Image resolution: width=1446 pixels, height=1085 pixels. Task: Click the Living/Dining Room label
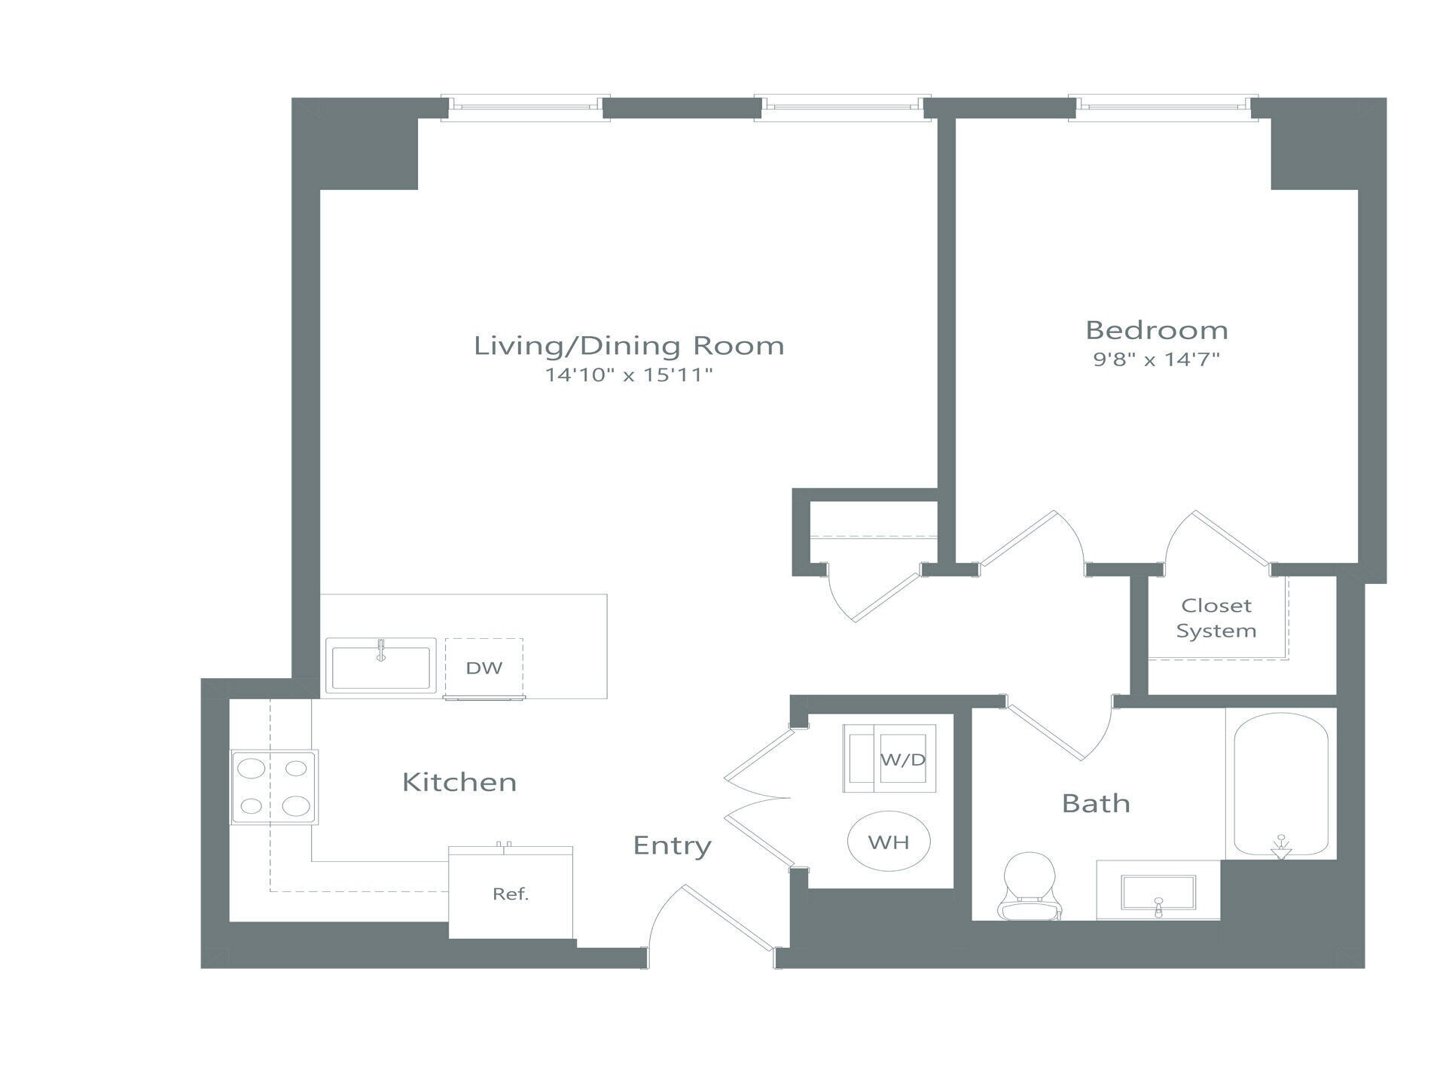pyautogui.click(x=629, y=346)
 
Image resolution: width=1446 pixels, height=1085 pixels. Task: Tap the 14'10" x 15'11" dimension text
pyautogui.click(x=629, y=374)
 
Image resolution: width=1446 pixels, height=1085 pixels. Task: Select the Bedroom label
pyautogui.click(x=1156, y=330)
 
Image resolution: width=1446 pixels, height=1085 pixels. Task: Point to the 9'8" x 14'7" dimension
pyautogui.click(x=1156, y=359)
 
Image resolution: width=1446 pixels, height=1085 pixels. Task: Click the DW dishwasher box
pyautogui.click(x=484, y=668)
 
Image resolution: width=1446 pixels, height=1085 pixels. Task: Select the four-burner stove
pyautogui.click(x=274, y=787)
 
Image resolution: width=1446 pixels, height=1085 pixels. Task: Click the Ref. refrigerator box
pyautogui.click(x=511, y=894)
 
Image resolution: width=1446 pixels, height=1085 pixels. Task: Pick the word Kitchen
pyautogui.click(x=459, y=782)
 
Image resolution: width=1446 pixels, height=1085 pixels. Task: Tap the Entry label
pyautogui.click(x=672, y=845)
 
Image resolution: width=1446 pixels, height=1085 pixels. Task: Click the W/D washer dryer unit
pyautogui.click(x=889, y=759)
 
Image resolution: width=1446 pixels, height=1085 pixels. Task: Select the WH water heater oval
pyautogui.click(x=889, y=842)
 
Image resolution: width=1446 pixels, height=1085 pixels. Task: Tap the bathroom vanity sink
pyautogui.click(x=1158, y=893)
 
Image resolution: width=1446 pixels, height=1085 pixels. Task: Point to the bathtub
pyautogui.click(x=1280, y=784)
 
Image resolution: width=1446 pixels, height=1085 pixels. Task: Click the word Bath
pyautogui.click(x=1096, y=803)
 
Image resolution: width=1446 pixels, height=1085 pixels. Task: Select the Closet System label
pyautogui.click(x=1216, y=618)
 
